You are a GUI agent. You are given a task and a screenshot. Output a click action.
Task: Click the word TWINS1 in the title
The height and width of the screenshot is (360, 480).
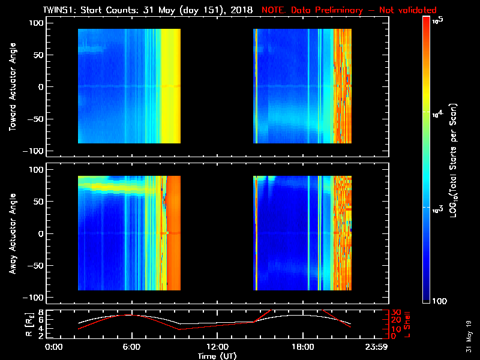click(59, 10)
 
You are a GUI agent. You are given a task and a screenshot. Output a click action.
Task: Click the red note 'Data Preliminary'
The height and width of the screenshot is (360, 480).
click(325, 10)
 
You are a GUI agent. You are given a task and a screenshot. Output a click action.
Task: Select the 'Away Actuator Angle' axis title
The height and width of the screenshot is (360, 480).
click(12, 233)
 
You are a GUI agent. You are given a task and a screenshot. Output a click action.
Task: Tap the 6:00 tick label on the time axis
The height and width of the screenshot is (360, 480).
click(132, 347)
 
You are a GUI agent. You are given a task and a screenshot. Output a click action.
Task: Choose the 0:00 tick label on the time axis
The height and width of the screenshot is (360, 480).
click(54, 347)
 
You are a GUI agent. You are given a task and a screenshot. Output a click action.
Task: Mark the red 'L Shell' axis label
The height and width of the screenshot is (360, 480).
click(408, 325)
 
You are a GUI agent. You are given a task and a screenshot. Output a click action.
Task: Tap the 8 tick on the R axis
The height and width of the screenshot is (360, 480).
click(41, 313)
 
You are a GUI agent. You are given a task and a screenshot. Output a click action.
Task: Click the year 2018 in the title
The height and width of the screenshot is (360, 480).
click(241, 10)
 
